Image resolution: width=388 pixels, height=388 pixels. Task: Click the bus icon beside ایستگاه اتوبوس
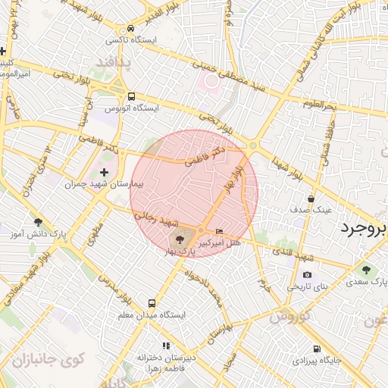click(132, 96)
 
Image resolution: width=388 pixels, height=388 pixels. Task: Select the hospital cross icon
click(105, 174)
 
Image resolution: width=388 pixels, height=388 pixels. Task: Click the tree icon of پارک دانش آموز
click(38, 222)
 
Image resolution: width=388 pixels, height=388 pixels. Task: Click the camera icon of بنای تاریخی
click(307, 274)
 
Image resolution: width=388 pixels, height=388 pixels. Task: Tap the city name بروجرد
click(363, 228)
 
